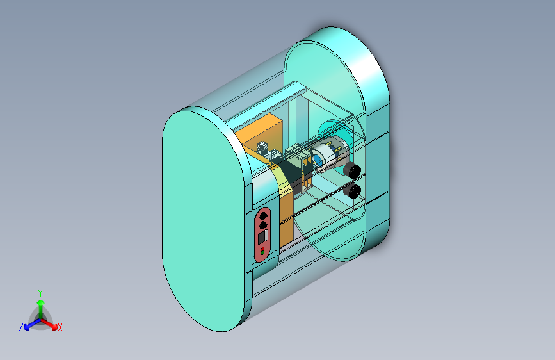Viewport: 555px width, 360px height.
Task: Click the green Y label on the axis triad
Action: click(x=40, y=292)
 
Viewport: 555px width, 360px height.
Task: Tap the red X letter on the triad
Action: click(x=60, y=327)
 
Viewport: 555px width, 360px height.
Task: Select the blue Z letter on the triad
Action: click(x=21, y=327)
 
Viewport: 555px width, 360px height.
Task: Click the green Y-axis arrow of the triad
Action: click(x=40, y=305)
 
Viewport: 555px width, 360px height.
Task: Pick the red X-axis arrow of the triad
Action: click(x=51, y=323)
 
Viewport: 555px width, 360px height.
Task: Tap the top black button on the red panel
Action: click(x=263, y=217)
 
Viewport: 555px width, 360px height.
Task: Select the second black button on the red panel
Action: click(x=263, y=225)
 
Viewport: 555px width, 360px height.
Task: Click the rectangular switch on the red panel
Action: click(x=262, y=238)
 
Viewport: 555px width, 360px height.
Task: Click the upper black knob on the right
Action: click(x=351, y=170)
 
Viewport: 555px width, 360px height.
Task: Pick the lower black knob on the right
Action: click(x=352, y=191)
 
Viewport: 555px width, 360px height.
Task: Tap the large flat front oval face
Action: click(x=202, y=218)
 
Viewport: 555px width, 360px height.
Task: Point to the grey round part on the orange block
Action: click(x=263, y=149)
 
